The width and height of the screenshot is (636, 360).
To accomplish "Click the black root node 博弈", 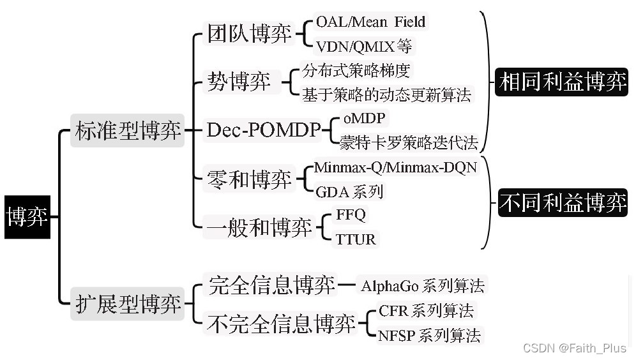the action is point(26,217).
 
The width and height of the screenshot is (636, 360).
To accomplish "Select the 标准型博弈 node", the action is point(127,131).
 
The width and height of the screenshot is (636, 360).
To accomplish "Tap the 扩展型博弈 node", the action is point(127,303).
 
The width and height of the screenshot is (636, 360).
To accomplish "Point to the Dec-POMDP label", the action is point(263,131).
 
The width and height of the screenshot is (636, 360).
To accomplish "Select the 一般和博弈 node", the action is point(259,227).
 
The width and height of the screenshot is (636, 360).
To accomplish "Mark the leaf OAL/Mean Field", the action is point(370,22).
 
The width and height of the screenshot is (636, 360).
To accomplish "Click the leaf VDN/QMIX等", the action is point(364,46).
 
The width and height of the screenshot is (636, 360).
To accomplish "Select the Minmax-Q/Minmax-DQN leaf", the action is point(395,168).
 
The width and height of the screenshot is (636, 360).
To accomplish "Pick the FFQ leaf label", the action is point(351,215).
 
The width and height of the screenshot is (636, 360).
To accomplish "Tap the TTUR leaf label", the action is point(356,239).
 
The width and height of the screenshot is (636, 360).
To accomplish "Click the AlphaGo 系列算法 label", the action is point(423,285).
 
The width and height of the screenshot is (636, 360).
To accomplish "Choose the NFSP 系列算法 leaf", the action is point(428,335).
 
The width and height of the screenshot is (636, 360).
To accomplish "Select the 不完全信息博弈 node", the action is point(282,324).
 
